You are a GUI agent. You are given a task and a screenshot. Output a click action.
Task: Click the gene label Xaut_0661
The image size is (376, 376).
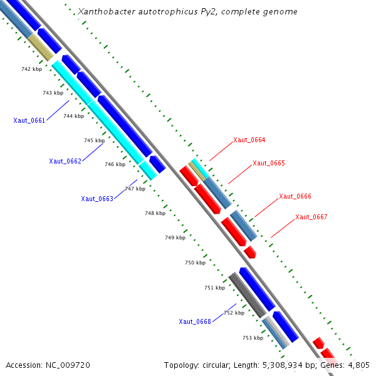tap(29, 120)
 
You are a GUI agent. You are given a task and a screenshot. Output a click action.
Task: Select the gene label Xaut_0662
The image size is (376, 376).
tap(65, 161)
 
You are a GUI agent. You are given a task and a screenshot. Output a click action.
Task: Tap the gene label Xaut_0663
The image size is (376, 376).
tap(97, 199)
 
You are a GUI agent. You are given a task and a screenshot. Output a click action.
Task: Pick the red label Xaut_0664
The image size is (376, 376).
tap(249, 140)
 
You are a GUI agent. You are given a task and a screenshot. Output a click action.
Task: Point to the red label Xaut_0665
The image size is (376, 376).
tap(269, 163)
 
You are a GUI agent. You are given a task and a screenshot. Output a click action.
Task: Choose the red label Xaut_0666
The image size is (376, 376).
tap(295, 196)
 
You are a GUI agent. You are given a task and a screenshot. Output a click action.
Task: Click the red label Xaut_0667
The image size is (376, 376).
tap(311, 217)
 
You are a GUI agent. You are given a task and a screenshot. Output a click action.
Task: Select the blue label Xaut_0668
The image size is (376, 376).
tap(195, 321)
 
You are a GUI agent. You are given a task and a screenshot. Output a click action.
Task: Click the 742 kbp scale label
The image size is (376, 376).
tap(31, 69)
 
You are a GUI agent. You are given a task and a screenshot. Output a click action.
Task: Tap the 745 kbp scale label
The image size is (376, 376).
tap(94, 140)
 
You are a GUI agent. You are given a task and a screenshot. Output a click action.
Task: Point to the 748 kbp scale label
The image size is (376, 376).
tap(155, 213)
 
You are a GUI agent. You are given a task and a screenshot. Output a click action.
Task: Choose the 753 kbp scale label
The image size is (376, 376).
tap(253, 338)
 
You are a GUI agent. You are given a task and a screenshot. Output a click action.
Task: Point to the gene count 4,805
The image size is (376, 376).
tap(358, 365)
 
